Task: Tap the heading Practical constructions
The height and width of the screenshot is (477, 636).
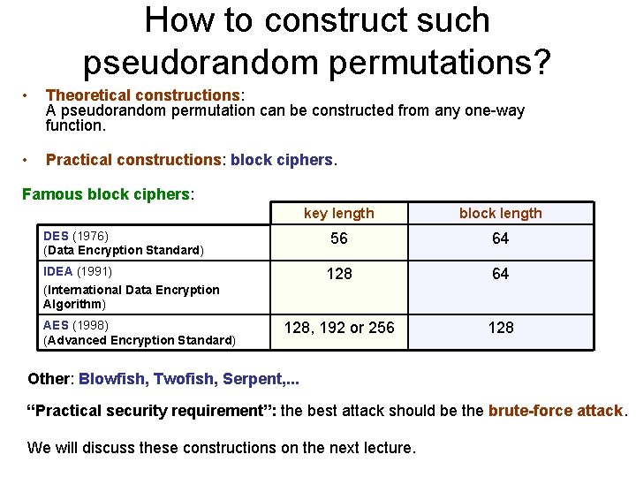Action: [x=132, y=160]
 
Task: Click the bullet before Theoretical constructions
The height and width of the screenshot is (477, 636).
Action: [x=29, y=95]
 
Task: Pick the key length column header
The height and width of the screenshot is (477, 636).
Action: [x=339, y=213]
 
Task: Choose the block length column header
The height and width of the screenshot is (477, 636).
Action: [x=501, y=213]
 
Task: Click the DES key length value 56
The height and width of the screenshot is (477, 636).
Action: [x=339, y=238]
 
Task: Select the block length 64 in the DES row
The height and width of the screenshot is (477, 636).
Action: [x=501, y=238]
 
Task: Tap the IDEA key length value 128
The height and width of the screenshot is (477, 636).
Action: [x=339, y=274]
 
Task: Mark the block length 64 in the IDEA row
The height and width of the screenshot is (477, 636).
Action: [x=501, y=274]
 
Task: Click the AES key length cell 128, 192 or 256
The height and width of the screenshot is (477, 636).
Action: [x=339, y=327]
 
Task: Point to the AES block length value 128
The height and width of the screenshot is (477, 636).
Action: [x=501, y=327]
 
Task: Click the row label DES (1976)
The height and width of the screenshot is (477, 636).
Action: [x=76, y=235]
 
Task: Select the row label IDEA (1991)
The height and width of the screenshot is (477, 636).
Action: [x=78, y=271]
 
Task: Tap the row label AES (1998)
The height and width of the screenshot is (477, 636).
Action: [x=75, y=325]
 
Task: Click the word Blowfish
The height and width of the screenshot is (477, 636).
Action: [x=112, y=379]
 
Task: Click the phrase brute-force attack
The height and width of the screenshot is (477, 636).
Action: [x=556, y=411]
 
